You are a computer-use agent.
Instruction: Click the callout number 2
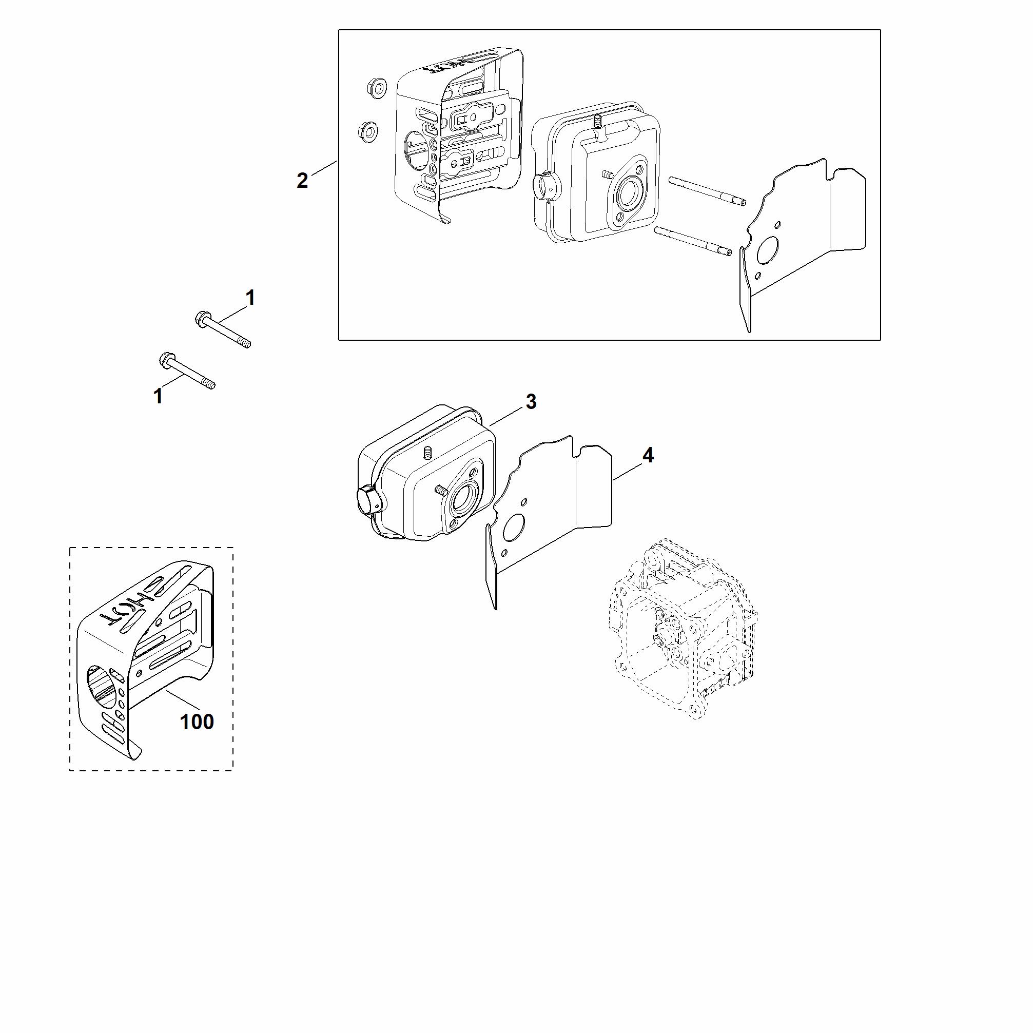pos(302,181)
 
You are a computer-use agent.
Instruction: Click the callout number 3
pos(531,401)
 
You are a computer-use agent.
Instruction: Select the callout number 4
pos(648,455)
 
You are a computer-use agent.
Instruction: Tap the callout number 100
pos(197,722)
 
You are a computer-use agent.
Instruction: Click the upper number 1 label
pos(250,298)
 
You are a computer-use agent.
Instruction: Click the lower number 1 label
pos(158,396)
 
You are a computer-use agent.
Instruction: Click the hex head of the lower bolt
pos(166,359)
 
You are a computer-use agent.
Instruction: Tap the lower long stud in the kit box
pos(692,241)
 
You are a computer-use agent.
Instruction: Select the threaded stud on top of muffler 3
pos(426,454)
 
